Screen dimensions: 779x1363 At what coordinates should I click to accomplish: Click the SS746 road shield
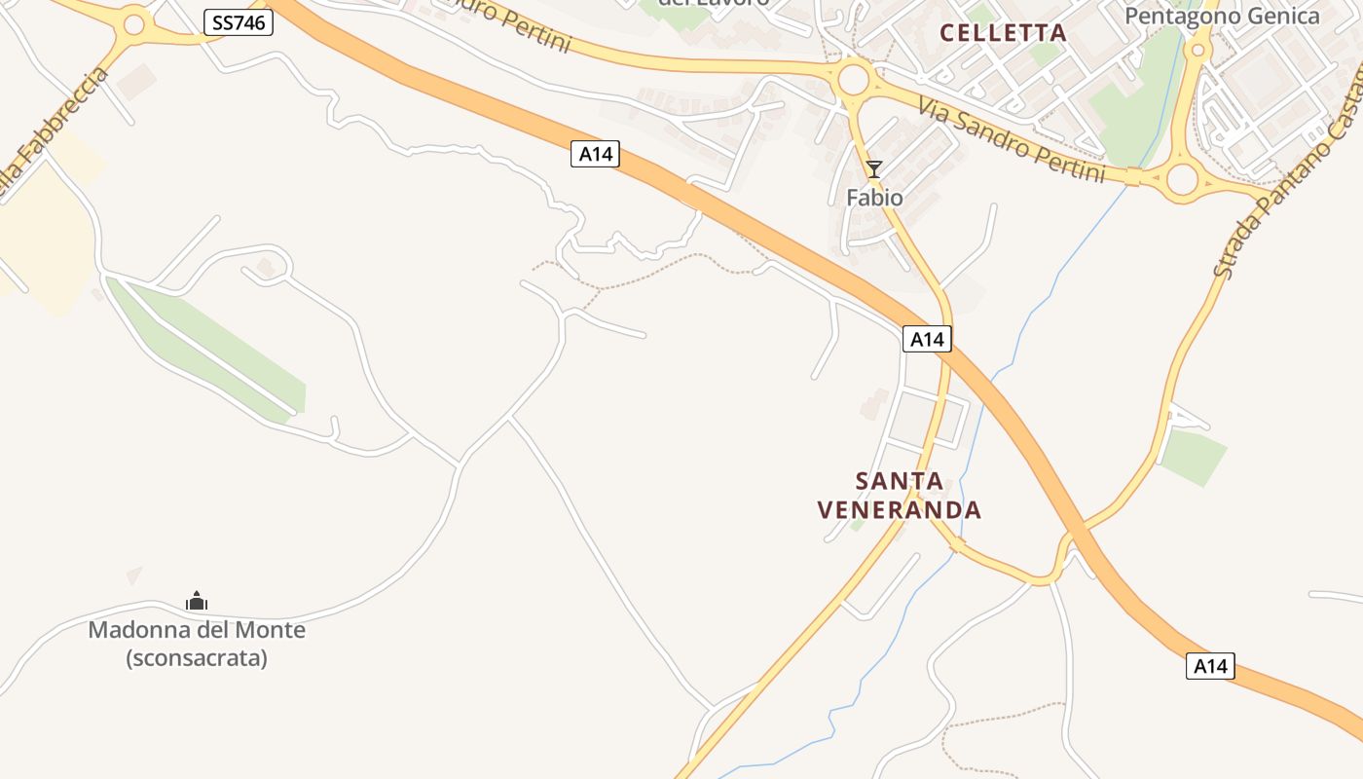coord(239,22)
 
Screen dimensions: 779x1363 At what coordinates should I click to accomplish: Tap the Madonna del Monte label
coord(197,630)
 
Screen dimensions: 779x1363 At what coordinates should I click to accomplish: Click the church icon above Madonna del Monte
coord(197,602)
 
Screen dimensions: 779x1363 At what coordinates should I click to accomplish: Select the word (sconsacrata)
coord(197,658)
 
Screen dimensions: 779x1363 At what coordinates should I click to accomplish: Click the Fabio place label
coord(874,198)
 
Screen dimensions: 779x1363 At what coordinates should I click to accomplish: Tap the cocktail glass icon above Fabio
coord(874,169)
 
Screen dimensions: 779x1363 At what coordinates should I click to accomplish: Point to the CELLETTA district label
coord(1003,33)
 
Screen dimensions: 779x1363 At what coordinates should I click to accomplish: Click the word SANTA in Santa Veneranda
coord(900,481)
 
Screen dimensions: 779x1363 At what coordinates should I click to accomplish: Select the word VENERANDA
coord(900,510)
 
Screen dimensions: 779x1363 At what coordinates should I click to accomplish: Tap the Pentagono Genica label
coord(1222,16)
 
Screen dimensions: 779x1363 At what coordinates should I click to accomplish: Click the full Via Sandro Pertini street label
coord(1013,135)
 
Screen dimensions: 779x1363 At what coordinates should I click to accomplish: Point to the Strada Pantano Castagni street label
coord(1285,195)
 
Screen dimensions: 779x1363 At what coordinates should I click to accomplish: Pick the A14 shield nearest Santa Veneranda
coord(927,339)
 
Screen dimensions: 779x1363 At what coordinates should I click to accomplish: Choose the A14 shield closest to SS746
coord(595,154)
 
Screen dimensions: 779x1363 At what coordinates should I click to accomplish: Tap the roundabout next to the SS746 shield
coord(134,25)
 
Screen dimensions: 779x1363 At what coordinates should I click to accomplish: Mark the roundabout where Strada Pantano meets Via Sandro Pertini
coord(1181,179)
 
